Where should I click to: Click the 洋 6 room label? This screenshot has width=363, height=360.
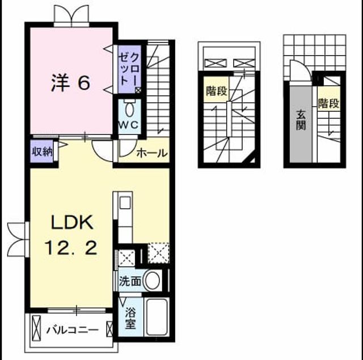tap(70, 83)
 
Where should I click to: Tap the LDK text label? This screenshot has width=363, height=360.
tap(72, 222)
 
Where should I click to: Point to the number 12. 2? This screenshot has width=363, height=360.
tap(70, 247)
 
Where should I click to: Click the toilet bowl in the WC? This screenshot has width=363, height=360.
tap(129, 109)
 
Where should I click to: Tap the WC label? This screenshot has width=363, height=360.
tap(129, 125)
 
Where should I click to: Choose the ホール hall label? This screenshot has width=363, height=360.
tap(152, 153)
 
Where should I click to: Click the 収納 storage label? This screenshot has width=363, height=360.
tap(42, 152)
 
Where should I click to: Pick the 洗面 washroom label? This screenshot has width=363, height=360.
tap(130, 281)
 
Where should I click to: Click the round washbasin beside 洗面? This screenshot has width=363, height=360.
tap(153, 281)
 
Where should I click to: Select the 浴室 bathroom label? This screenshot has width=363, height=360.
tap(130, 319)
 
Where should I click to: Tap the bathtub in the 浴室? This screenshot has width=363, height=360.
tap(157, 316)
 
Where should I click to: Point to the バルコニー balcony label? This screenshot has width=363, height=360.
tap(73, 330)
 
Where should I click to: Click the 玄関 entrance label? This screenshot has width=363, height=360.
tap(301, 120)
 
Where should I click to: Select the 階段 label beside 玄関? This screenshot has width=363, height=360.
tap(328, 103)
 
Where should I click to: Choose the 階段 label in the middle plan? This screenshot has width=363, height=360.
tap(217, 91)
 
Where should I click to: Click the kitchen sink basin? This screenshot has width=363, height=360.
tap(125, 203)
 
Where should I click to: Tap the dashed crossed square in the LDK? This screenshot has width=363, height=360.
tap(159, 253)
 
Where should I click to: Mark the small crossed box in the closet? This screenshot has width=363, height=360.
tap(138, 90)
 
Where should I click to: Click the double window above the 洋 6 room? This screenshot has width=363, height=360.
tap(71, 16)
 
